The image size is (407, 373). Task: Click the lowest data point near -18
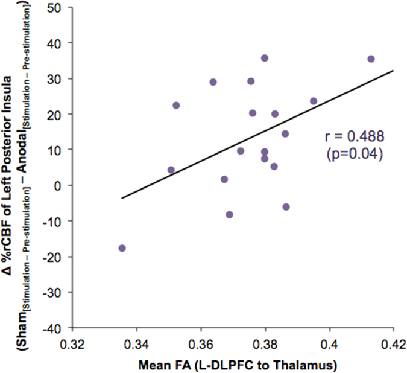122,248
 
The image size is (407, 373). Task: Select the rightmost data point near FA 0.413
371,59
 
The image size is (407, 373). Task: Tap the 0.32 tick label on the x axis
72,344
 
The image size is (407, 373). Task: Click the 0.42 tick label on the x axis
393,344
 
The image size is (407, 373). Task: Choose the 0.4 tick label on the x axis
329,344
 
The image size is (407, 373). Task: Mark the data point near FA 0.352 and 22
176,105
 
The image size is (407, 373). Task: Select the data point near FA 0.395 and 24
314,101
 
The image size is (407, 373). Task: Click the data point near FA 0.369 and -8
230,214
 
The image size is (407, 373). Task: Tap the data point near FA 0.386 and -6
286,206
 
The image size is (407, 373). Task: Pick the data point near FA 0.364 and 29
213,82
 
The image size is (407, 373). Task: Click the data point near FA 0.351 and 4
171,170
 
